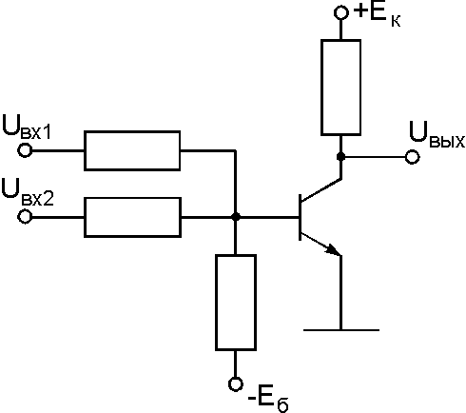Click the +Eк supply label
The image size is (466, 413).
(377, 15)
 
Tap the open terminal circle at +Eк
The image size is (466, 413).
(341, 12)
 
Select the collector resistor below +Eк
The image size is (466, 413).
(340, 88)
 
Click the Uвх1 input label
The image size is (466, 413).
(27, 128)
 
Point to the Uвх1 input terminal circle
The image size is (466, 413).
(25, 150)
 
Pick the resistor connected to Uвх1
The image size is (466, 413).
(132, 150)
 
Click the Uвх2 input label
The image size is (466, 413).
(28, 193)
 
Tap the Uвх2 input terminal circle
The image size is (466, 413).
(25, 217)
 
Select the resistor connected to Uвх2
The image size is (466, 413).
(132, 217)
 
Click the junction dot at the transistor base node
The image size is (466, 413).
(236, 217)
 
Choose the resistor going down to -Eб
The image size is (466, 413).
(236, 303)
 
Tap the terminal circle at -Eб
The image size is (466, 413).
(236, 384)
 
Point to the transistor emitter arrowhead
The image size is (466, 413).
(333, 249)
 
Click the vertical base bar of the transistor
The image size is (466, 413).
(300, 218)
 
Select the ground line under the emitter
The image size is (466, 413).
(341, 330)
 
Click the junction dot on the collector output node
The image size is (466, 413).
(340, 157)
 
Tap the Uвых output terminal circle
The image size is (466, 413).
(413, 157)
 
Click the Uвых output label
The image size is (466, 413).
(437, 134)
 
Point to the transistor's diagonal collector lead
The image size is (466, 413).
(320, 190)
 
